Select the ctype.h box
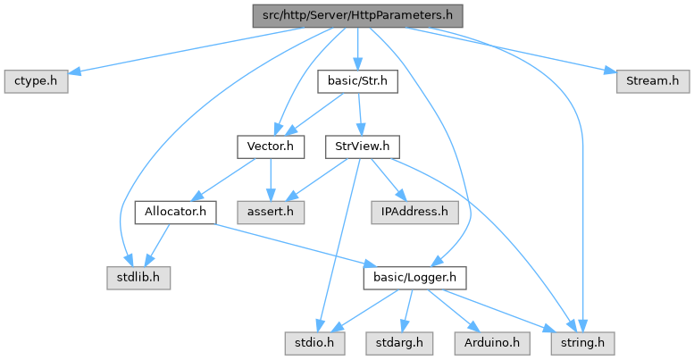coord(37,81)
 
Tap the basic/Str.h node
coord(357,81)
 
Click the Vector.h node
coord(271,146)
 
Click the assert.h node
coord(271,212)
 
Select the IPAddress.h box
coord(413,212)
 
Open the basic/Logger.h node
coord(414,278)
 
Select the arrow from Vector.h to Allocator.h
coord(227,177)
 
